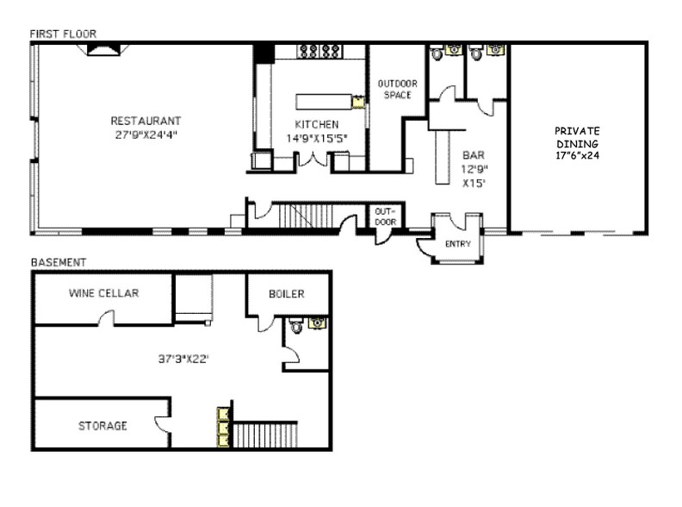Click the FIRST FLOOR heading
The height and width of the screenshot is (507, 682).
[x=63, y=34]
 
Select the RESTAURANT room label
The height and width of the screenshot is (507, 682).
[x=145, y=121]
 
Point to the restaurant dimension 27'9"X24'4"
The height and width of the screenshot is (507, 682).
[x=145, y=135]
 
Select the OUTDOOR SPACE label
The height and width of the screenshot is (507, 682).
[x=397, y=89]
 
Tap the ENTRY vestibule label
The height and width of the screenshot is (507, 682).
[x=456, y=244]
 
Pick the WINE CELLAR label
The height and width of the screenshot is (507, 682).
[x=103, y=293]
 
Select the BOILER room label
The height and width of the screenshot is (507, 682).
[x=286, y=294]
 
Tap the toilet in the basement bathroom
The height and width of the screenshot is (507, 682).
[x=295, y=326]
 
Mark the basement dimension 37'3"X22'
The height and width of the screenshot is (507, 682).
[x=183, y=360]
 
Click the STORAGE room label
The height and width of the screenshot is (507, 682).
[x=102, y=426]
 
